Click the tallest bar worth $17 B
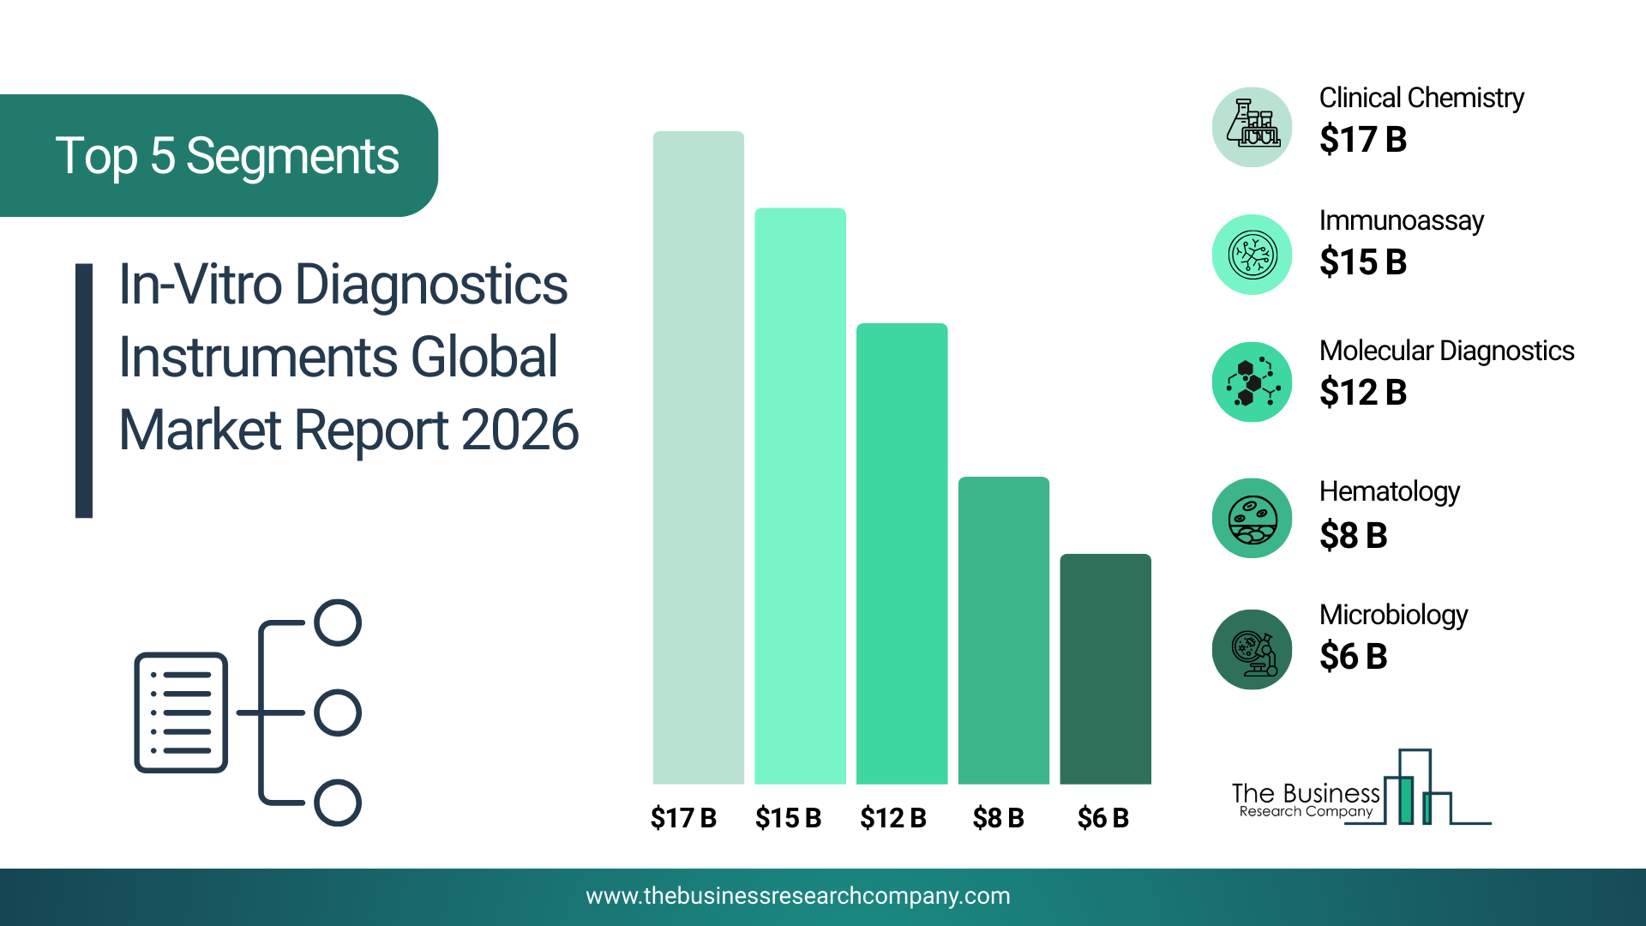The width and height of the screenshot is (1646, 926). click(698, 457)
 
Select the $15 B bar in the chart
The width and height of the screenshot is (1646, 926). click(800, 496)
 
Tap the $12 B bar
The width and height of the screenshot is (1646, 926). click(902, 553)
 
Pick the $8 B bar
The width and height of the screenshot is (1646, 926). click(1003, 630)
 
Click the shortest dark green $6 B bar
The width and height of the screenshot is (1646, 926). click(1105, 669)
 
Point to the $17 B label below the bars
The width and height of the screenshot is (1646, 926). click(683, 818)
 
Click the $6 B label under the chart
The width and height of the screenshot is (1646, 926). click(1102, 818)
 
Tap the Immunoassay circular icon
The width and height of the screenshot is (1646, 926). click(1252, 255)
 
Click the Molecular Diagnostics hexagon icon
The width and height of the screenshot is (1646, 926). click(1252, 382)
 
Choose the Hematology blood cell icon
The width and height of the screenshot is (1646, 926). click(1252, 518)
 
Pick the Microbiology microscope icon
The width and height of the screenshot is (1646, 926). click(1252, 649)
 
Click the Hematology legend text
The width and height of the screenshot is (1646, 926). click(1389, 492)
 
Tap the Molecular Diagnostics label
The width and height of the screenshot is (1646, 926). click(1446, 351)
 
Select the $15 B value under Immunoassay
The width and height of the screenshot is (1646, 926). click(1363, 262)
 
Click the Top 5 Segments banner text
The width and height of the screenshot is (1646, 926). click(227, 157)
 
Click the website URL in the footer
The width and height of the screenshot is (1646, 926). click(797, 896)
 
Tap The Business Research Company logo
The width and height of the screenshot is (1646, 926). click(1361, 788)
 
